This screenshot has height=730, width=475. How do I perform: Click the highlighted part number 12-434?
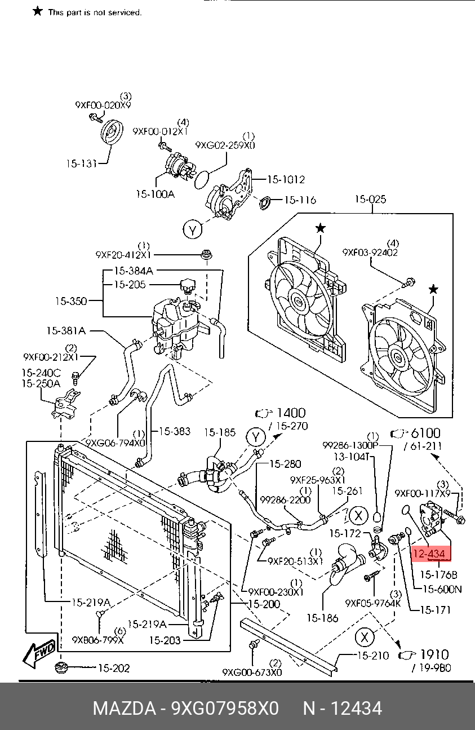[x=432, y=554]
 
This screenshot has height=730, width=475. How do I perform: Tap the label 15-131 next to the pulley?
[x=80, y=163]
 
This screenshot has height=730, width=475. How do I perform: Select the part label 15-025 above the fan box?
[x=370, y=199]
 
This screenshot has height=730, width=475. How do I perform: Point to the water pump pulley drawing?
[x=112, y=135]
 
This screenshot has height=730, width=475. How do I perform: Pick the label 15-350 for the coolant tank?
[x=70, y=301]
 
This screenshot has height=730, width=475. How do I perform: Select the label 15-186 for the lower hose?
[x=323, y=618]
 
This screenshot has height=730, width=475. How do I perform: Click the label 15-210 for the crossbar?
[x=372, y=656]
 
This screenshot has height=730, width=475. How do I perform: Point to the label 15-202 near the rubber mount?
[x=114, y=669]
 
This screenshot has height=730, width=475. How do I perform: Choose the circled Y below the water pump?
[x=193, y=230]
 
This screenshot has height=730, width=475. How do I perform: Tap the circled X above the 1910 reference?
[x=365, y=637]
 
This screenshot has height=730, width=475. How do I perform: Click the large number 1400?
[x=291, y=413]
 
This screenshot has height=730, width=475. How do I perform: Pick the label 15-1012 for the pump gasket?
[x=286, y=180]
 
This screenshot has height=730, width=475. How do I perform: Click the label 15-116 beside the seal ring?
[x=299, y=200]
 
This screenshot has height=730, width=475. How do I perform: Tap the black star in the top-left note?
[x=38, y=11]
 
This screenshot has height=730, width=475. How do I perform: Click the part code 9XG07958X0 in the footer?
[x=225, y=708]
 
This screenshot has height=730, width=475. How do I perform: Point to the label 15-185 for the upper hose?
[x=219, y=433]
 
